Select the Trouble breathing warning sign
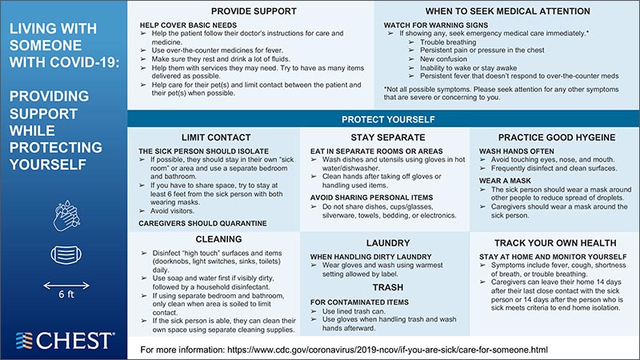tap(447, 42)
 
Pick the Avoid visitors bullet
tap(178, 212)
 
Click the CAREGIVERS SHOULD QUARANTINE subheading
tap(202, 223)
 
